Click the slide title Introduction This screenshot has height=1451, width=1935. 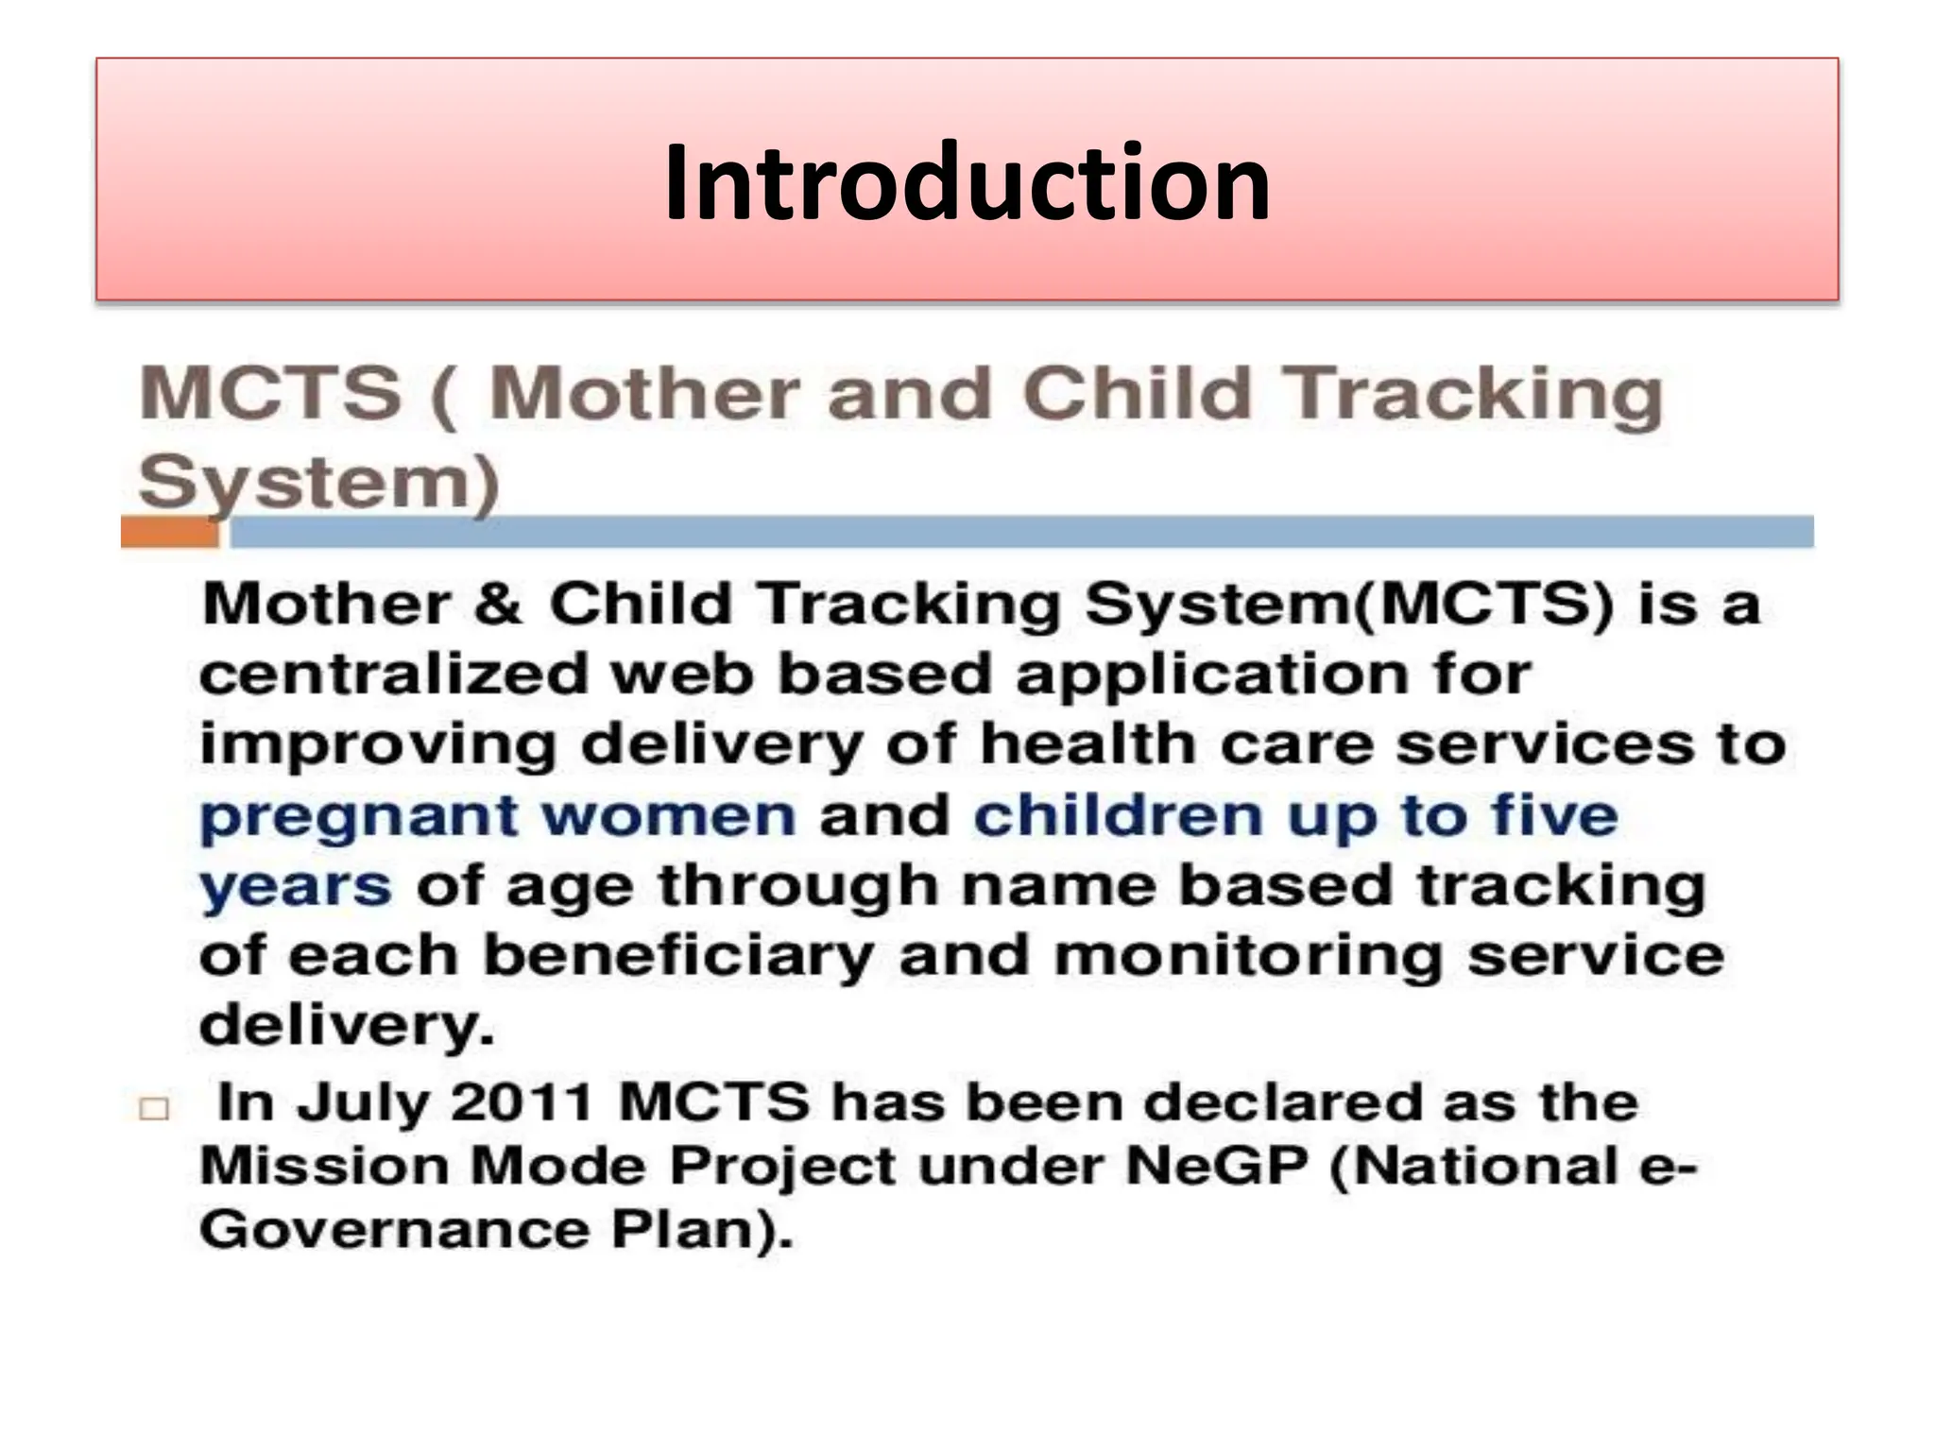(967, 181)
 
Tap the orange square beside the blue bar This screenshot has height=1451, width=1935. (170, 533)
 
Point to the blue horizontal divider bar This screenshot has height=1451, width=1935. (1020, 532)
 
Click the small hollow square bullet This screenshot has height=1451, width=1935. (154, 1108)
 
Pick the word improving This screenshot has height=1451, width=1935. (378, 747)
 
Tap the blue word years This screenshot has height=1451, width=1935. (296, 888)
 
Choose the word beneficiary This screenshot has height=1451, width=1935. (678, 956)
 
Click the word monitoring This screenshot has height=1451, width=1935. (1247, 956)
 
